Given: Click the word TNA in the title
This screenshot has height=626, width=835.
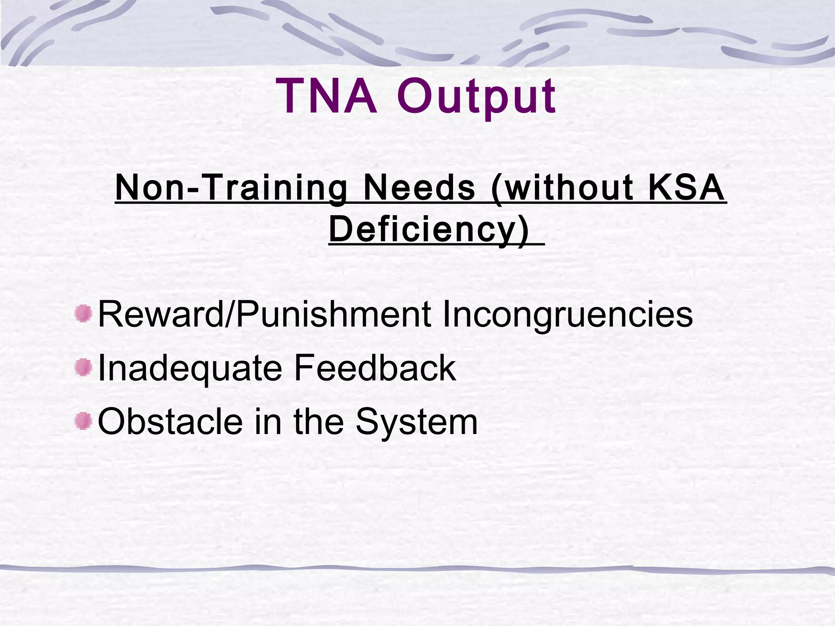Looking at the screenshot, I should tap(326, 97).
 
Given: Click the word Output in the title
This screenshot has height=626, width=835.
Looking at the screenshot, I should tap(476, 97).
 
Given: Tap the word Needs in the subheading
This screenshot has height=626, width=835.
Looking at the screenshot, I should tap(419, 188).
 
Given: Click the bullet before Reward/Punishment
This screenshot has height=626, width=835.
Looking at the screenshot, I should tap(84, 314).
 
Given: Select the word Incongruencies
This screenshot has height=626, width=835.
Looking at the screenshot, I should tap(567, 314).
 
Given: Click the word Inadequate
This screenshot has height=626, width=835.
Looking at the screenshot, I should tap(190, 368).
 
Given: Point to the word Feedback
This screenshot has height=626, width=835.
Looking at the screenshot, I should tap(374, 368).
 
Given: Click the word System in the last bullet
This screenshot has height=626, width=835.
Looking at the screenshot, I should tap(416, 421).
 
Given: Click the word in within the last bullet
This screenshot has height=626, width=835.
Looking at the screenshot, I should tap(267, 421).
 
